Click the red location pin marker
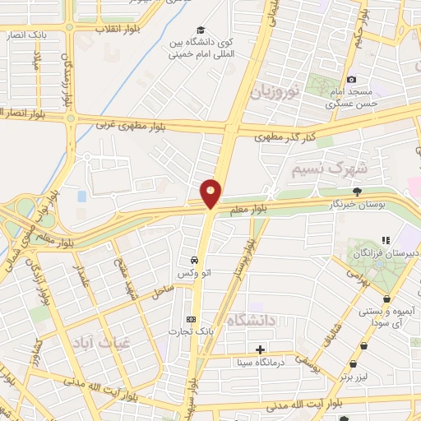point(211,193)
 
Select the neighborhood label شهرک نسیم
point(326,169)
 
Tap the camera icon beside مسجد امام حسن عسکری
point(352,79)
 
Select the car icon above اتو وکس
point(192,254)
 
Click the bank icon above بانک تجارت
point(192,318)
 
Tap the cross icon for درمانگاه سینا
point(261,349)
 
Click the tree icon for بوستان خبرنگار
point(356,191)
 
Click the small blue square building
point(81,197)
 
